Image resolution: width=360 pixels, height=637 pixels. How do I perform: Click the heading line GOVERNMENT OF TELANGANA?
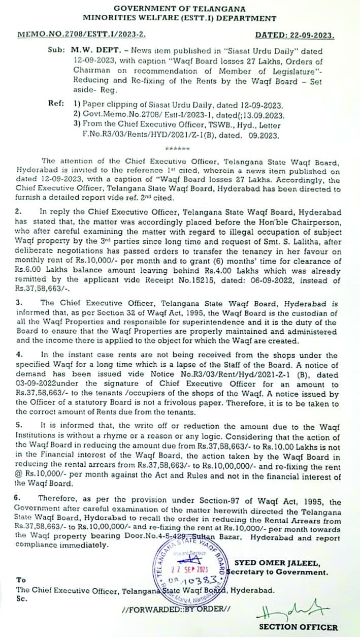click(180, 9)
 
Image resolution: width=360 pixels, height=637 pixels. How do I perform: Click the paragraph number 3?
click(18, 302)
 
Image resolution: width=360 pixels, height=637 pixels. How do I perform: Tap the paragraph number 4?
click(18, 355)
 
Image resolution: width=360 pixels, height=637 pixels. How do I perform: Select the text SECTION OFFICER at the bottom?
click(298, 627)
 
